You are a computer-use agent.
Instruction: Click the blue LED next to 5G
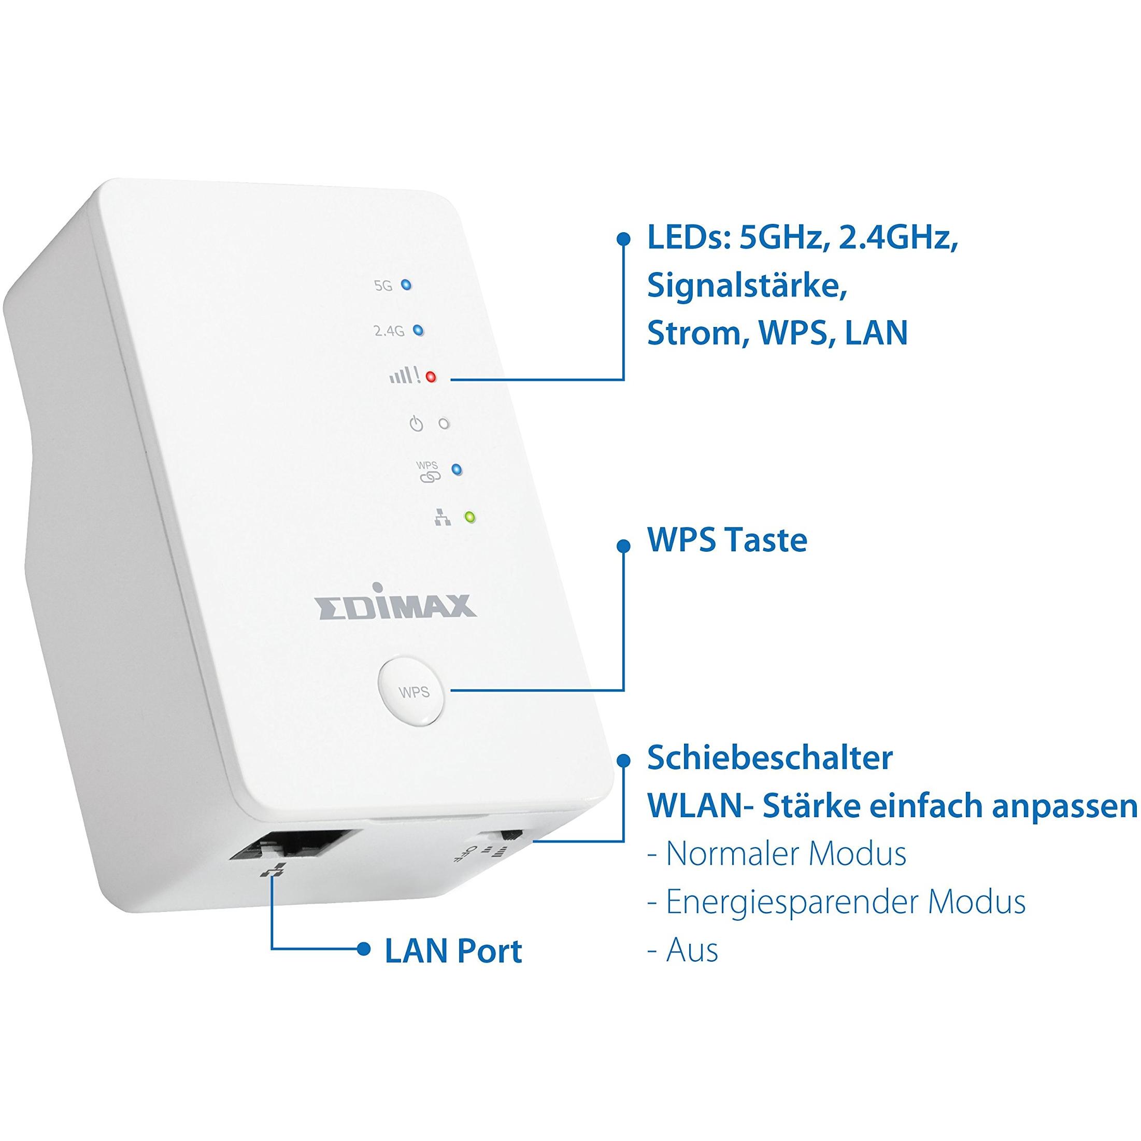pyautogui.click(x=406, y=285)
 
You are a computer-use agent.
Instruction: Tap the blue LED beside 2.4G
pyautogui.click(x=418, y=330)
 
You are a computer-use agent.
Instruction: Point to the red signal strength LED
pyautogui.click(x=431, y=377)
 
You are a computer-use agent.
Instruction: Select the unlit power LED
pyautogui.click(x=444, y=423)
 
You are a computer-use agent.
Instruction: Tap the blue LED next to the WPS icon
pyautogui.click(x=457, y=470)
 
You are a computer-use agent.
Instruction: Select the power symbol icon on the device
pyautogui.click(x=417, y=423)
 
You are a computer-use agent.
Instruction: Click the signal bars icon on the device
pyautogui.click(x=405, y=376)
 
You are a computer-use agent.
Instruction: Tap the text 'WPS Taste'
pyautogui.click(x=727, y=540)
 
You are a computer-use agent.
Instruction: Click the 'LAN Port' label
pyautogui.click(x=453, y=951)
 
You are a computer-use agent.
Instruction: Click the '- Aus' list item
pyautogui.click(x=683, y=950)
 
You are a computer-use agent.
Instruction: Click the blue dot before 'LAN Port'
pyautogui.click(x=364, y=950)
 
